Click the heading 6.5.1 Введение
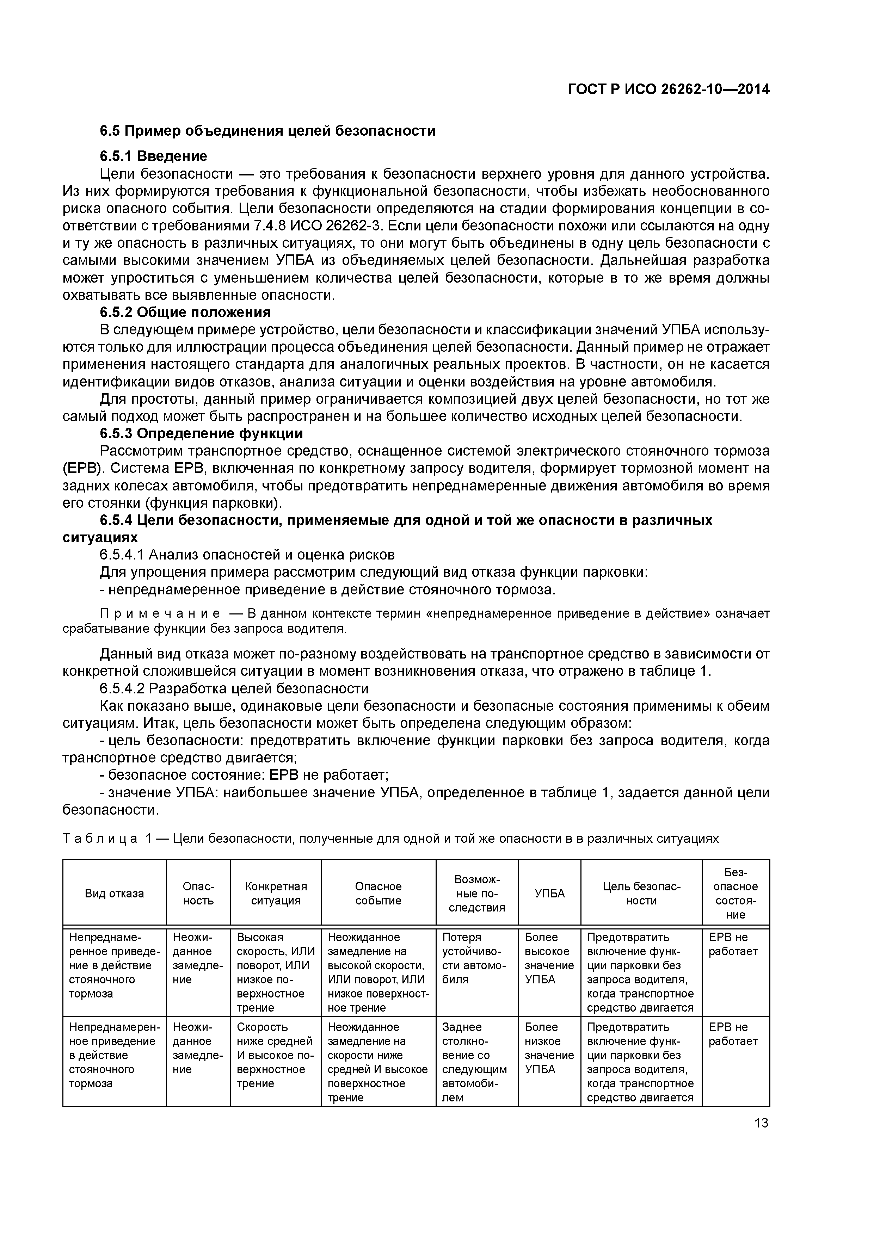(x=153, y=156)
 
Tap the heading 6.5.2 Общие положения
(x=185, y=312)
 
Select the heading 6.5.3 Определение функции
(x=201, y=433)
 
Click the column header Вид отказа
(x=114, y=894)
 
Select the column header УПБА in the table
(x=549, y=894)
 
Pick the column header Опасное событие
(x=378, y=894)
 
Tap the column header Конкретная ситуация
(x=276, y=894)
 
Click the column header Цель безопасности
(x=641, y=894)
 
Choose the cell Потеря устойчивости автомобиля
(x=474, y=958)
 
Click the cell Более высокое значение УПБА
(x=549, y=958)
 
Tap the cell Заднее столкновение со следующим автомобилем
(x=474, y=1062)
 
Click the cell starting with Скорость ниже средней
(x=275, y=1055)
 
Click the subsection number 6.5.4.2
(x=122, y=688)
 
